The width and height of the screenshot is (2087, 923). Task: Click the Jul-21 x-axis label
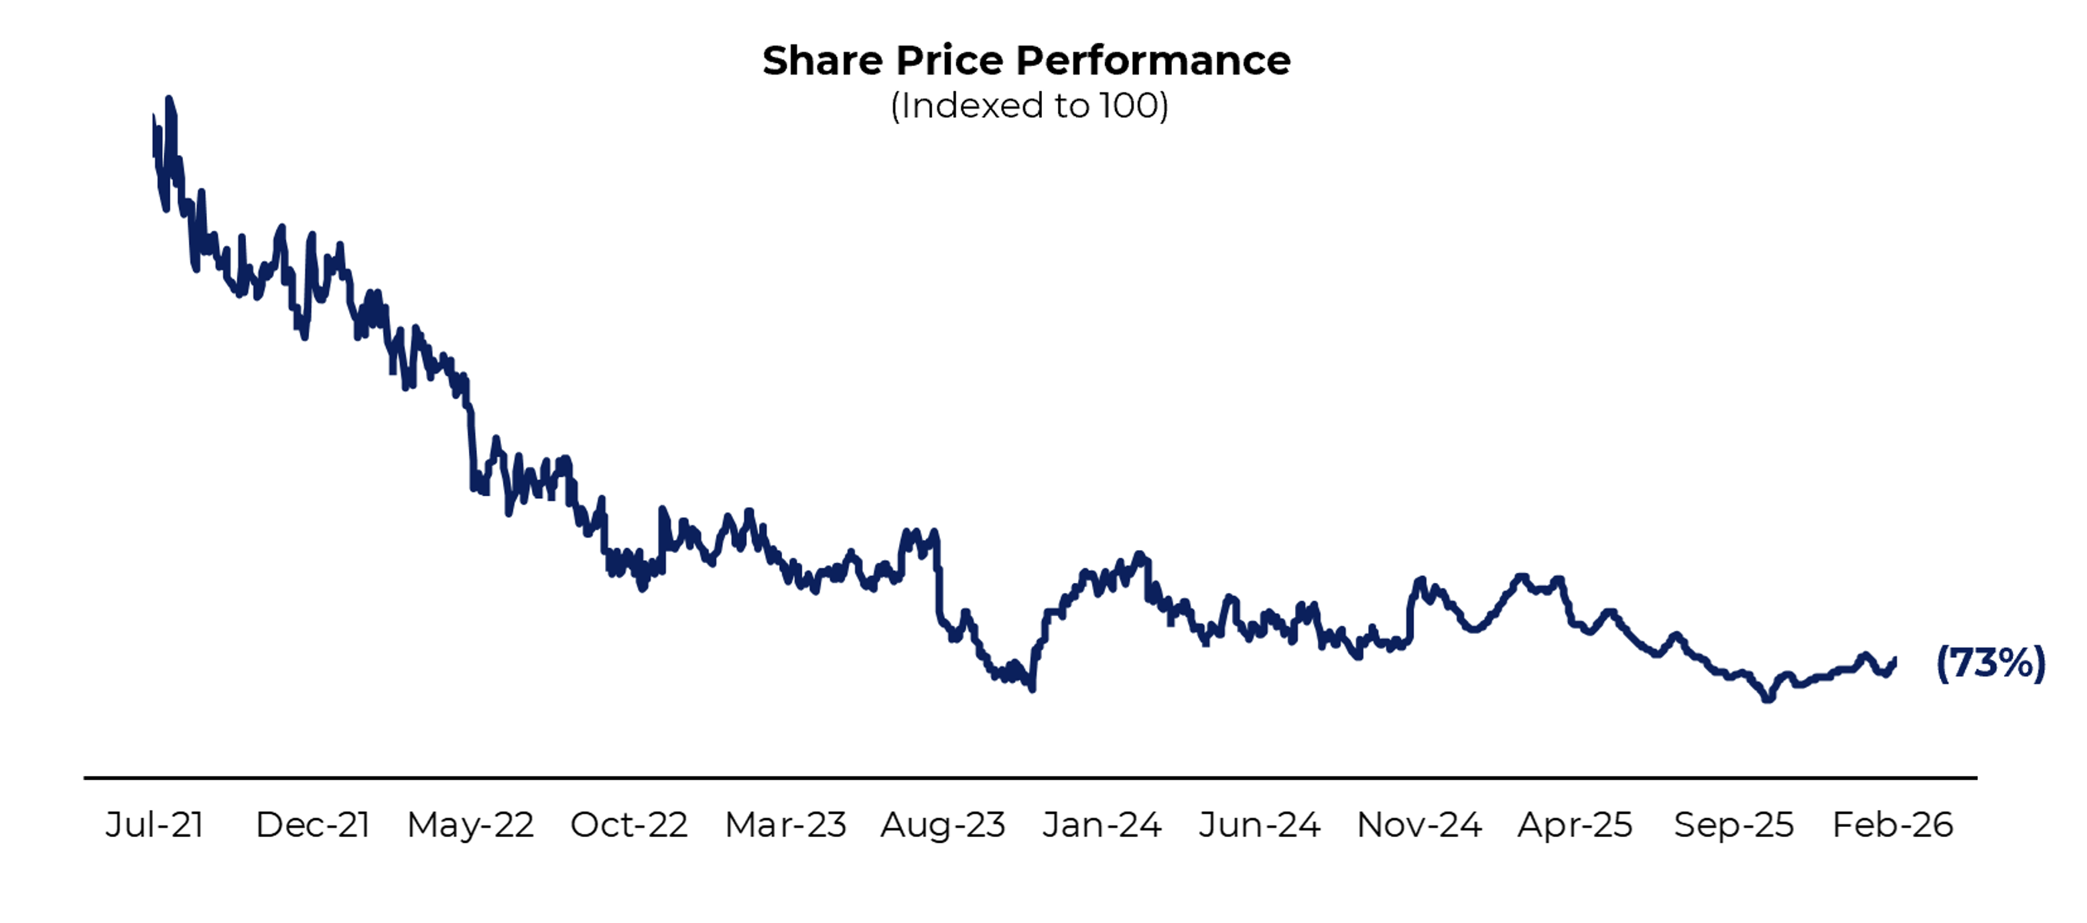click(x=154, y=825)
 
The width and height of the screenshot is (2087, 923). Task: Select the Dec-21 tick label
click(x=313, y=825)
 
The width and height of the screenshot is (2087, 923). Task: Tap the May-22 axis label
click(x=470, y=825)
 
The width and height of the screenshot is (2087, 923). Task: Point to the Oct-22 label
click(x=629, y=825)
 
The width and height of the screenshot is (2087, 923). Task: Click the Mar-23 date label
click(x=785, y=825)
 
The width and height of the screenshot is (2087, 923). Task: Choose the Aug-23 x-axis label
click(x=943, y=825)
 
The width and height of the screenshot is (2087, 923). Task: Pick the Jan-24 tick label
click(x=1101, y=825)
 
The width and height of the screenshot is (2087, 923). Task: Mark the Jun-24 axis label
click(x=1259, y=825)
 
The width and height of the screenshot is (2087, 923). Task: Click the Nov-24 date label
click(x=1419, y=825)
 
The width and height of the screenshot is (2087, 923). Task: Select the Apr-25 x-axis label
click(x=1574, y=825)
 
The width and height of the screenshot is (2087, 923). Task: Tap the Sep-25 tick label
click(x=1734, y=825)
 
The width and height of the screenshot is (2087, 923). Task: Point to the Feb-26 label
click(x=1892, y=825)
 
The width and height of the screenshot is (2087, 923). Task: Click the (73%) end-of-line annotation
click(x=1990, y=664)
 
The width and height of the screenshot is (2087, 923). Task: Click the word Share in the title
click(x=822, y=61)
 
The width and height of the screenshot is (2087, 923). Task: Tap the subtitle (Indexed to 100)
click(x=1029, y=106)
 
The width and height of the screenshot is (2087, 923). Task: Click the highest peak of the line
click(x=168, y=99)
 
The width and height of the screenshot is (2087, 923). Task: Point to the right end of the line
click(x=1894, y=661)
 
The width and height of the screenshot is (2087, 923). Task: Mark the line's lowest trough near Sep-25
click(x=1768, y=699)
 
